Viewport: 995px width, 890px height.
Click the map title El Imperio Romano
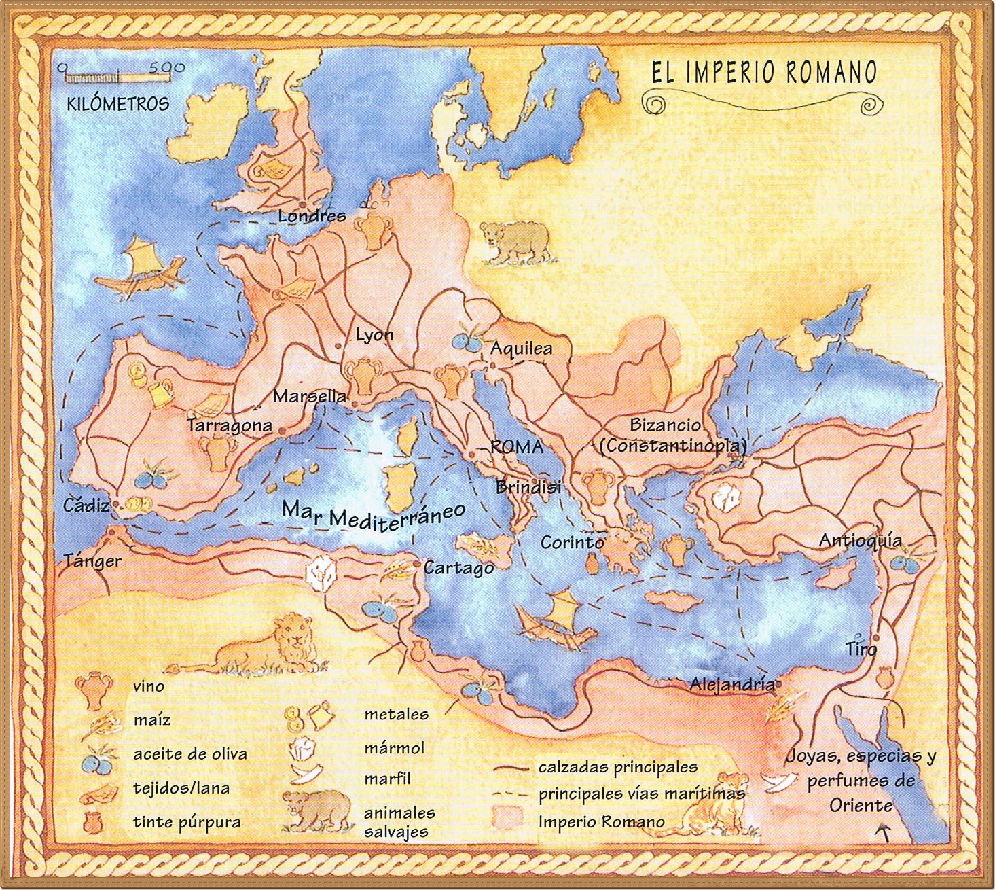[763, 72]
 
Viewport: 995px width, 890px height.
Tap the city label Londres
[312, 216]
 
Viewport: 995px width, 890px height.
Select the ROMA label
[517, 446]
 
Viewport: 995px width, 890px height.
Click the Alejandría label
[732, 684]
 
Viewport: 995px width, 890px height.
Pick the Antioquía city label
[861, 541]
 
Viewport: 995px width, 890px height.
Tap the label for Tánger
[92, 561]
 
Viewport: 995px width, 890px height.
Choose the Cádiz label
[86, 505]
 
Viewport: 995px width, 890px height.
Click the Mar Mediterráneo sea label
[374, 514]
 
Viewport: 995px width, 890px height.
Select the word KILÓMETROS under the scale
[117, 104]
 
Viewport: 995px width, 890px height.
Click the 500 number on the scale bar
[166, 68]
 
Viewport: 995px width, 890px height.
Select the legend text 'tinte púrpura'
[187, 822]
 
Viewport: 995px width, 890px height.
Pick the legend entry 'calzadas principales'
[617, 767]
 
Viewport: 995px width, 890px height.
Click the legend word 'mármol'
[394, 748]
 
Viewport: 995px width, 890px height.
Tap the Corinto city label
[572, 543]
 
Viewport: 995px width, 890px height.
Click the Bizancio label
[665, 425]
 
